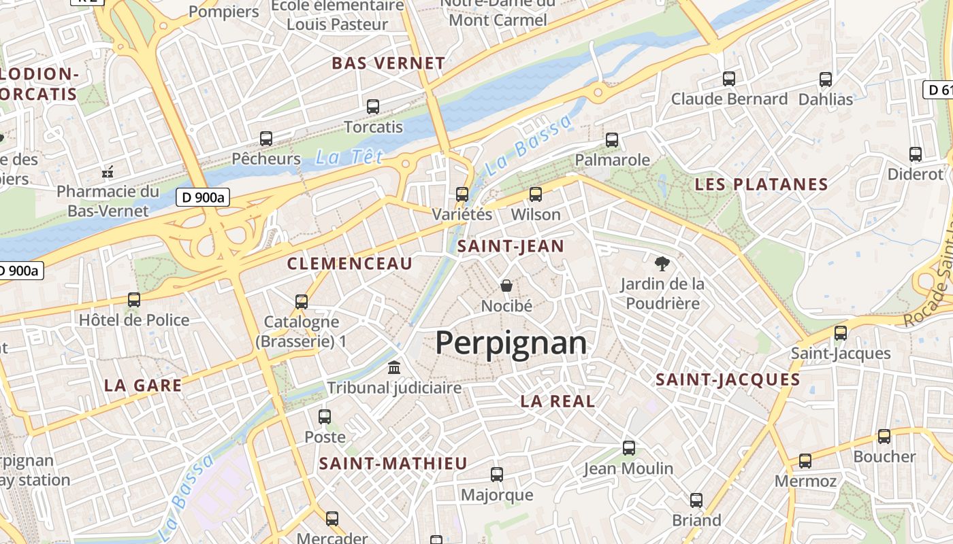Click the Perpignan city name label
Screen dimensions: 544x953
click(511, 343)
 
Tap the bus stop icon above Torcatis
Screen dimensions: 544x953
click(373, 107)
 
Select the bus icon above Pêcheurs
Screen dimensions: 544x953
click(266, 139)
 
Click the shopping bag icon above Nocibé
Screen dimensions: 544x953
click(506, 285)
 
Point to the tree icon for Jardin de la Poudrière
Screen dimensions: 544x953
click(661, 263)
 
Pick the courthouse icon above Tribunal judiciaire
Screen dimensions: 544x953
click(393, 368)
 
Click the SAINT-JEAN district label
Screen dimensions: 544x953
click(511, 246)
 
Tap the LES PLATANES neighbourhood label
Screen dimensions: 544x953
click(761, 184)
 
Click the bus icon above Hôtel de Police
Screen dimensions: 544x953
click(134, 299)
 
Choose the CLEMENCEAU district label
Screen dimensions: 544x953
click(350, 264)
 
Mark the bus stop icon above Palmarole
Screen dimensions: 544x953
click(612, 140)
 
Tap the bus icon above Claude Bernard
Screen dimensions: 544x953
click(729, 79)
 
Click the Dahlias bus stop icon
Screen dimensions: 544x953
click(826, 80)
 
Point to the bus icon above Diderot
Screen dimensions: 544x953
click(916, 154)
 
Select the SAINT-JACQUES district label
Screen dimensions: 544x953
click(728, 380)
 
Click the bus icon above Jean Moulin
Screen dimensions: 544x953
click(629, 448)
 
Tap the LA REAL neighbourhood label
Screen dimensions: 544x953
click(558, 401)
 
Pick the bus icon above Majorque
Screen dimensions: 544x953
click(497, 475)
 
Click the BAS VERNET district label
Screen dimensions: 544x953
click(388, 63)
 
